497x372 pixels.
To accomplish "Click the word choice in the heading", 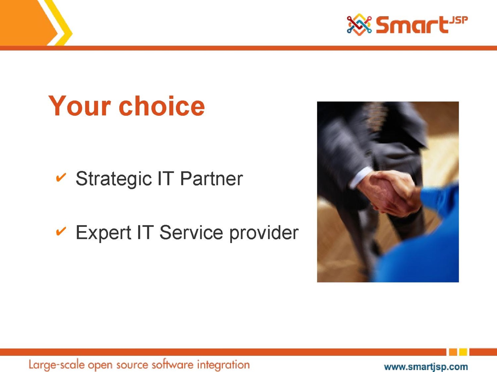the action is [x=162, y=106].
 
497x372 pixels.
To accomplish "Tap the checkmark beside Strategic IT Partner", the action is [x=61, y=177].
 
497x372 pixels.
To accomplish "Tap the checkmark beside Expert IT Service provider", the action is [x=61, y=231].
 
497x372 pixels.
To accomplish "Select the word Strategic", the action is [x=114, y=179].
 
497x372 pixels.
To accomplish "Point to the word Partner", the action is [x=212, y=179].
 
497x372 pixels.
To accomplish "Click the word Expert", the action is [x=103, y=232].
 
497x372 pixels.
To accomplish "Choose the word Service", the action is [x=191, y=232].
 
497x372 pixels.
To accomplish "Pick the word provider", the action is [x=264, y=232].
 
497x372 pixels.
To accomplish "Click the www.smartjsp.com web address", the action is [x=426, y=367].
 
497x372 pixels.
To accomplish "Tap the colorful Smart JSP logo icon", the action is [x=359, y=24].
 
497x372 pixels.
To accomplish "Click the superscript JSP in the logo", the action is [x=458, y=20].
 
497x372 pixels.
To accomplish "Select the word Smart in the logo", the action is [x=412, y=25].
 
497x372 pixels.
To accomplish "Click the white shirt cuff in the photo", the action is [x=361, y=177].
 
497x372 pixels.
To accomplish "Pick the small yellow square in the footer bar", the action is [x=463, y=352].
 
